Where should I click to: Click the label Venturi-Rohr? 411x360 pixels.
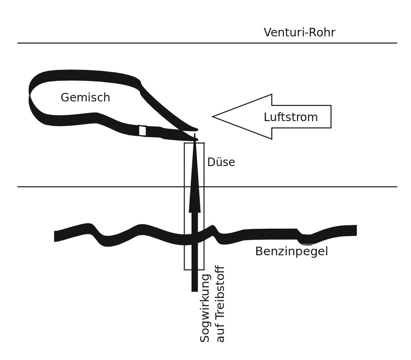pos(299,33)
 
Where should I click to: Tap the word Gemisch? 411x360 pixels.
pos(85,98)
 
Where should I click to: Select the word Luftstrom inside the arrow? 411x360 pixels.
pos(291,117)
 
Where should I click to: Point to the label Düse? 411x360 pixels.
pos(221,162)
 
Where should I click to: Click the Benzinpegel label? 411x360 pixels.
pos(291,252)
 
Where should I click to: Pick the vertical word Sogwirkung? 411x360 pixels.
pos(205,308)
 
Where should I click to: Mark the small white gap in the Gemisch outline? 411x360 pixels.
pos(142,130)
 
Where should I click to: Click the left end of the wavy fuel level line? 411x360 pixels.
pos(56,236)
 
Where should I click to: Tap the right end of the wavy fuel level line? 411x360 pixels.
pos(355,230)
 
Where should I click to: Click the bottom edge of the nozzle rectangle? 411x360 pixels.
pos(194,270)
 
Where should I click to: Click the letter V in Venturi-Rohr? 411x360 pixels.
pos(268,33)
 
